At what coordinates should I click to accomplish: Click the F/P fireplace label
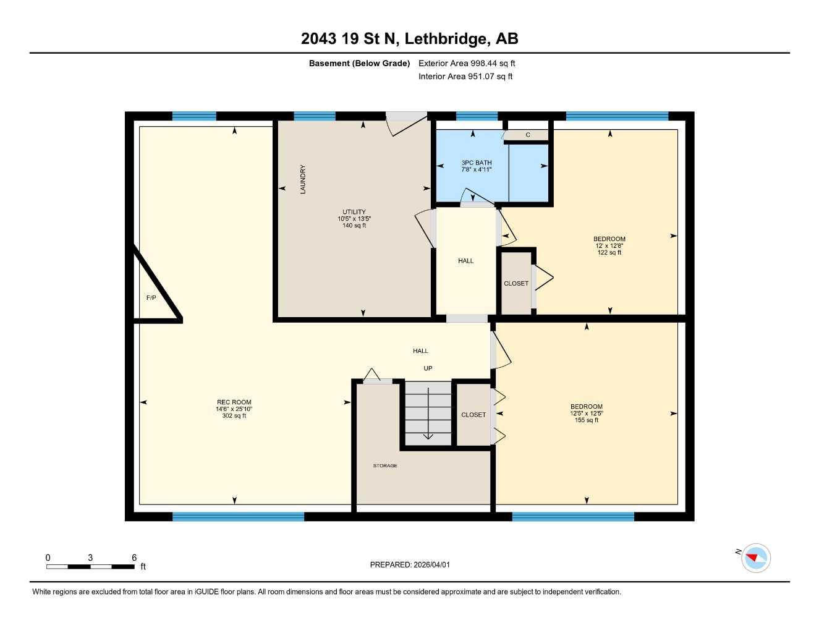click(x=151, y=298)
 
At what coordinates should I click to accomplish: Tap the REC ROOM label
click(x=234, y=402)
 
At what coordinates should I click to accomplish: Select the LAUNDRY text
click(x=303, y=179)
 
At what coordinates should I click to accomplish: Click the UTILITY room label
click(x=354, y=212)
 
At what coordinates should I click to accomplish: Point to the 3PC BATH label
click(x=476, y=163)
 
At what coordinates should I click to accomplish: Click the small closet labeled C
click(x=527, y=135)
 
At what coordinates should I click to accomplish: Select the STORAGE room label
click(x=384, y=465)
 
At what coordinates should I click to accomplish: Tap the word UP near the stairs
click(x=428, y=368)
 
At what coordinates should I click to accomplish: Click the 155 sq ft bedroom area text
click(x=586, y=420)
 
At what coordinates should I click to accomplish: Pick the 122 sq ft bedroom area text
click(x=609, y=252)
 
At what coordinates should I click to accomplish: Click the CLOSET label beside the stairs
click(x=473, y=415)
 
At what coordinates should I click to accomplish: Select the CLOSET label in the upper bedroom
click(x=516, y=283)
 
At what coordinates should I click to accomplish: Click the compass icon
click(x=755, y=558)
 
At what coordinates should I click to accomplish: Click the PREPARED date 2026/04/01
click(x=414, y=564)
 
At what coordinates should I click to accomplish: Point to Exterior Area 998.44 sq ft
click(x=467, y=63)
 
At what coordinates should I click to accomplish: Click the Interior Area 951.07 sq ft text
click(x=465, y=77)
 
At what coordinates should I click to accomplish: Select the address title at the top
click(x=409, y=38)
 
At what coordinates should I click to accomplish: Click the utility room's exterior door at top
click(x=406, y=117)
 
